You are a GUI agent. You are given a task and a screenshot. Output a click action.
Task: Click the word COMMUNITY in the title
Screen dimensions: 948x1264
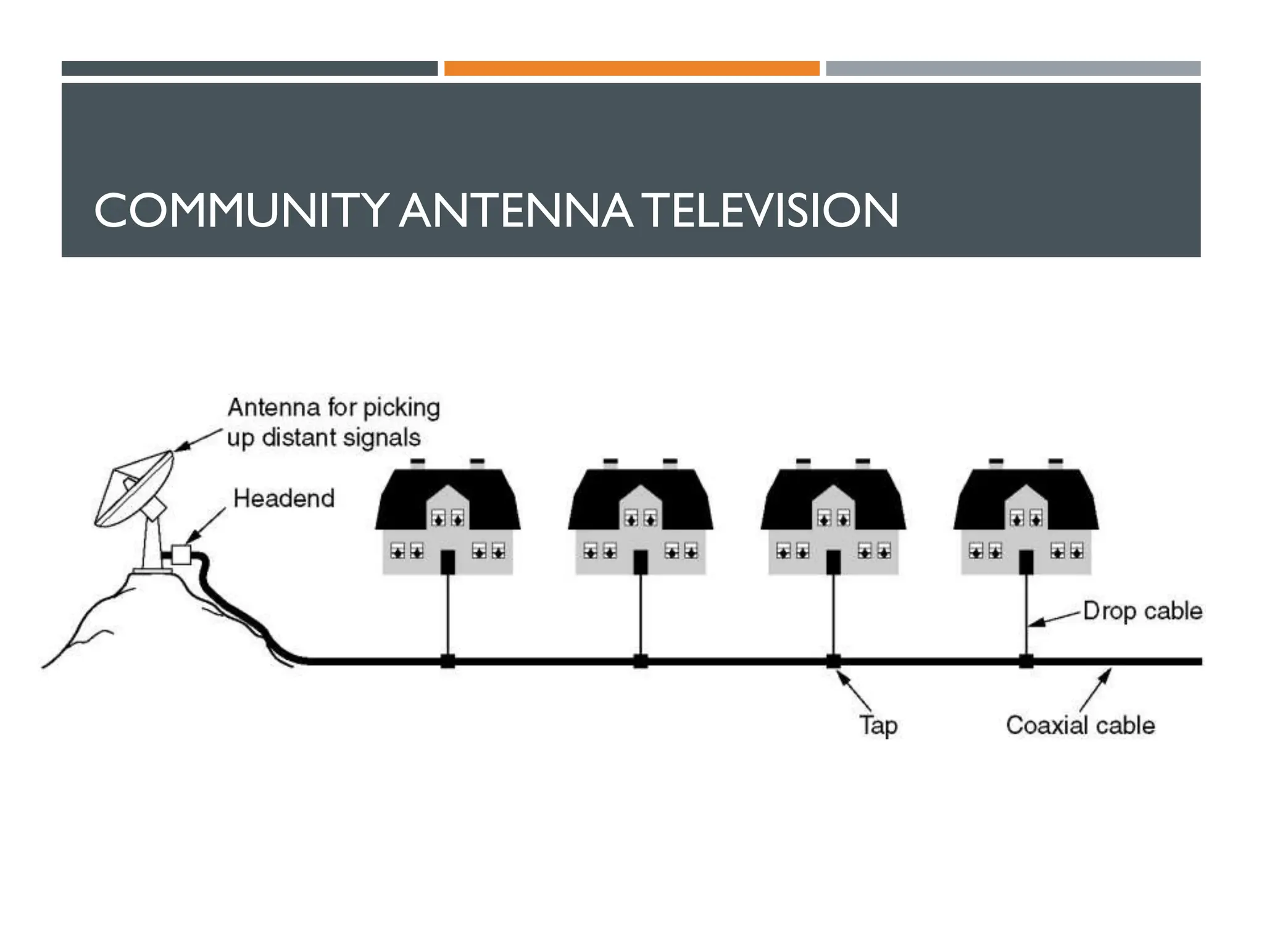pyautogui.click(x=241, y=210)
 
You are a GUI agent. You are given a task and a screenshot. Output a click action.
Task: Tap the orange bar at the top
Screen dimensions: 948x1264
pyautogui.click(x=631, y=69)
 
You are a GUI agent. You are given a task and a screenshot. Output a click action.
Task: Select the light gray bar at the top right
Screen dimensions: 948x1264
pyautogui.click(x=1013, y=69)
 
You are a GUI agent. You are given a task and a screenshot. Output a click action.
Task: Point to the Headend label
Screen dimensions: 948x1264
pyautogui.click(x=284, y=498)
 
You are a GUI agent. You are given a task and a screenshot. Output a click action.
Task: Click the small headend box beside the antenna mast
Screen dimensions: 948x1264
pyautogui.click(x=181, y=554)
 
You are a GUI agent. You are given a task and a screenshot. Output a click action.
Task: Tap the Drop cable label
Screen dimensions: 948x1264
pyautogui.click(x=1142, y=611)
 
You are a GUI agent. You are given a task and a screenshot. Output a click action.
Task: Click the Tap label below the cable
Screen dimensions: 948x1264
pyautogui.click(x=878, y=725)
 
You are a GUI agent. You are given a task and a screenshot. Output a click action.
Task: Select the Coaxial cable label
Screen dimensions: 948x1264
pyautogui.click(x=1080, y=725)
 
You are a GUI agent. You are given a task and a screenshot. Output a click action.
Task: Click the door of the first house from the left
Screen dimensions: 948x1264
pyautogui.click(x=448, y=562)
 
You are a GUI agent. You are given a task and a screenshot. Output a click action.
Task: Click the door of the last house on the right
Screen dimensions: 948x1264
pyautogui.click(x=1026, y=562)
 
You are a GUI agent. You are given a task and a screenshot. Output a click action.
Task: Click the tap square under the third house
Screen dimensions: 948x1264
pyautogui.click(x=833, y=661)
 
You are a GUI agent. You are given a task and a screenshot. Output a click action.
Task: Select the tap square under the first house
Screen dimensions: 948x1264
pyautogui.click(x=448, y=661)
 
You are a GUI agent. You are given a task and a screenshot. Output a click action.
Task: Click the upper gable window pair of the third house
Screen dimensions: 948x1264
pyautogui.click(x=833, y=517)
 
